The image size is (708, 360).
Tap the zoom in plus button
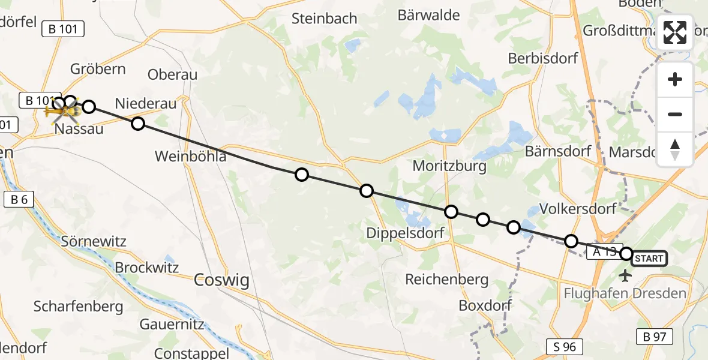(x=675, y=79)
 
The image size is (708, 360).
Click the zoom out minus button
(x=675, y=114)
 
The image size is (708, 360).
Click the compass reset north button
(x=675, y=149)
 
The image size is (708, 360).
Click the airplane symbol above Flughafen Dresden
(x=625, y=276)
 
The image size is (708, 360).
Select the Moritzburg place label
(x=449, y=166)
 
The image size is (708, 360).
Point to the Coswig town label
(x=221, y=280)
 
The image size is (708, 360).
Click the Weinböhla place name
(x=190, y=157)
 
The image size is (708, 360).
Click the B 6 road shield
(x=19, y=200)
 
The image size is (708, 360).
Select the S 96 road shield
(x=565, y=346)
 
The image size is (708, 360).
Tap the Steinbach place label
(x=324, y=19)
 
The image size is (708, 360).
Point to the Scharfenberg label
(x=78, y=307)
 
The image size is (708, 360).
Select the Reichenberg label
(x=446, y=279)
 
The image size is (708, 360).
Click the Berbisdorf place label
(x=542, y=58)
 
